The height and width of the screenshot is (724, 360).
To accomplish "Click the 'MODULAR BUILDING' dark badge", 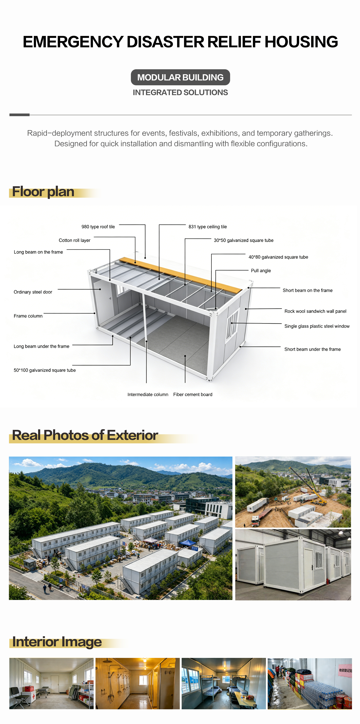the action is tap(180, 77).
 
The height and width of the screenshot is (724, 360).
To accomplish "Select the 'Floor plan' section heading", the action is tap(43, 192).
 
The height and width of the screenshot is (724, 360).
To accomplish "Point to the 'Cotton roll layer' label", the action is tap(75, 240).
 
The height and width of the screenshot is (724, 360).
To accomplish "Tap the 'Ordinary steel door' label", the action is tap(33, 292).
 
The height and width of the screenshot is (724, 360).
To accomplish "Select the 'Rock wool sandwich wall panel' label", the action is tap(315, 311).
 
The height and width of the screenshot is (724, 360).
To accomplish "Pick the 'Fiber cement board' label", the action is tap(193, 395).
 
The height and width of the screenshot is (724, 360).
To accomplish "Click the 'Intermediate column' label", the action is tap(148, 395).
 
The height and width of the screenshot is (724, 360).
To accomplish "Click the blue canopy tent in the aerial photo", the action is tap(188, 542).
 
